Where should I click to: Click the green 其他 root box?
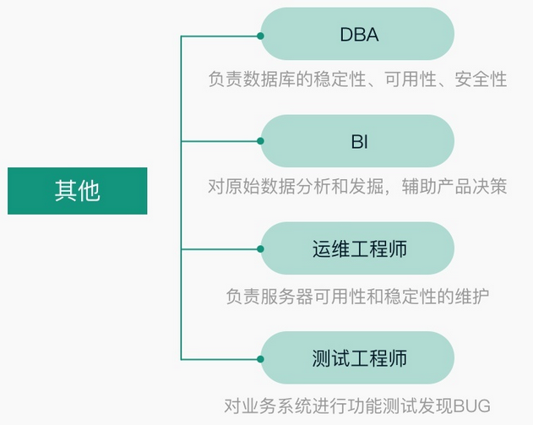[77, 190]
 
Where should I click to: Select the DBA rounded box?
[357, 35]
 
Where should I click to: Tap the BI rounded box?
[357, 141]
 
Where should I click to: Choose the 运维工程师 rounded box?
[357, 249]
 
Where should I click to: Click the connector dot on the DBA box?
[261, 35]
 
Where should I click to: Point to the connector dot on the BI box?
[261, 141]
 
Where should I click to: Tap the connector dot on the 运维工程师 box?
[261, 249]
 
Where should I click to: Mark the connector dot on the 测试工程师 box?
[261, 357]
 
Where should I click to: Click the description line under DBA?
[357, 79]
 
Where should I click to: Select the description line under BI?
[357, 186]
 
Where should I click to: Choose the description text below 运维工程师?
[357, 297]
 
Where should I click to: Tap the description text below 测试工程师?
[357, 405]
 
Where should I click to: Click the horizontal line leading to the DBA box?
[220, 35]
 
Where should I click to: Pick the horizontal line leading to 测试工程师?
[220, 357]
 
